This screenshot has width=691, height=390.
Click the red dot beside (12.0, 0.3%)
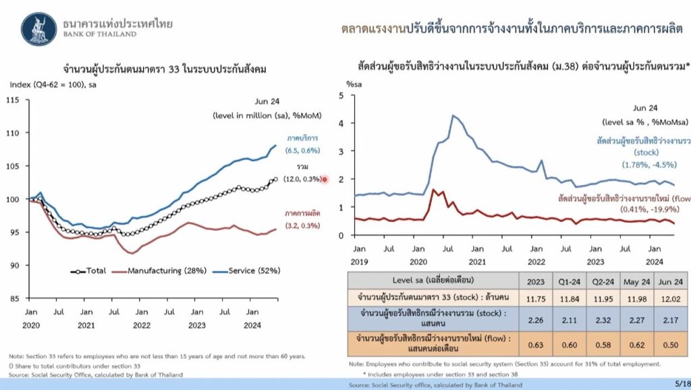pos(325,179)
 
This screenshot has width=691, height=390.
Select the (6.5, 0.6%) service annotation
pos(303,150)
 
